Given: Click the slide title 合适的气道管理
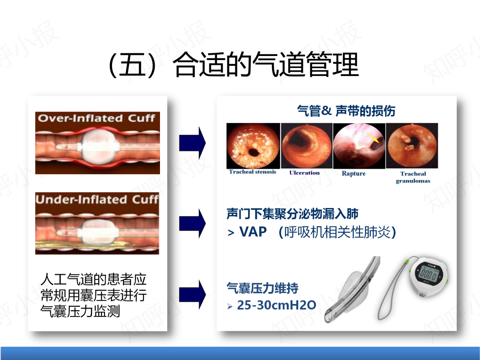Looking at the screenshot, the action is (265, 64).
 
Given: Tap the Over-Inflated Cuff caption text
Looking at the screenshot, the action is (96, 118).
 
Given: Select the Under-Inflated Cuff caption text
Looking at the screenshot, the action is (97, 199).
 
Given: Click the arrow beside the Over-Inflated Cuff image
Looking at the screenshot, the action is (192, 143).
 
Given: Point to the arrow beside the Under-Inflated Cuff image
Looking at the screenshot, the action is (192, 223).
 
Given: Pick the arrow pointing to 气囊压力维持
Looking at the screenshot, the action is (192, 294).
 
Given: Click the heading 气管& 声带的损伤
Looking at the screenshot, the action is (346, 111).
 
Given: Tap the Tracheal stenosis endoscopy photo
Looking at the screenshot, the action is (253, 146).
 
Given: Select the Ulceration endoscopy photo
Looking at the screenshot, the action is (306, 146).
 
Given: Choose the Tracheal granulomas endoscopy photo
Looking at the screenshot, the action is (412, 146).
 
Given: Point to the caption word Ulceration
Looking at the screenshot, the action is (304, 172).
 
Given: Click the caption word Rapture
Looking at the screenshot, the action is (354, 174).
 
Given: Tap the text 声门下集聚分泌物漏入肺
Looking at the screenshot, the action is (292, 214).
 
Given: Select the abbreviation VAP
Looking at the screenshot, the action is (253, 232).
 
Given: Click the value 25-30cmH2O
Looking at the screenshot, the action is (276, 305).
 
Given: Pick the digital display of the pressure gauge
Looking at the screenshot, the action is (428, 273).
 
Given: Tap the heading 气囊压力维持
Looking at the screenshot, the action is (262, 288).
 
